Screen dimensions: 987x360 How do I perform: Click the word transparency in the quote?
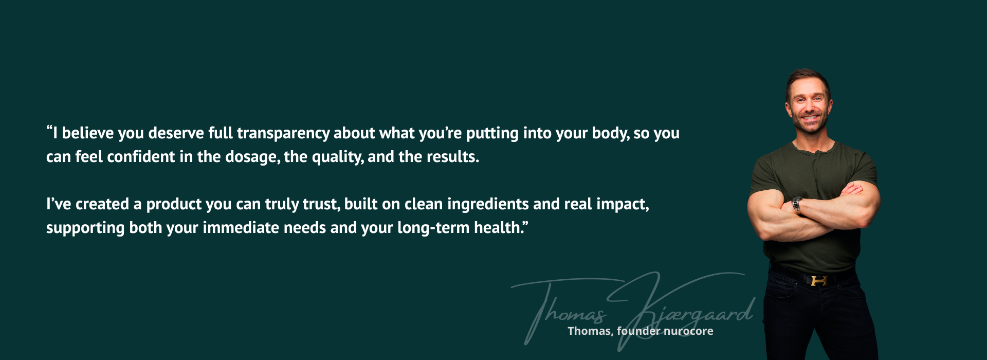click(x=283, y=134)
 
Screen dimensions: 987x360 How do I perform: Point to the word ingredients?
click(x=488, y=205)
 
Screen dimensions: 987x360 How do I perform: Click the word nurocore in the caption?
click(x=688, y=331)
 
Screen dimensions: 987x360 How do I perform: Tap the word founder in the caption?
click(x=638, y=331)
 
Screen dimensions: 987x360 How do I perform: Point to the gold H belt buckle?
click(x=819, y=281)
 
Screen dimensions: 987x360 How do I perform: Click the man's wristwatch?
click(x=797, y=205)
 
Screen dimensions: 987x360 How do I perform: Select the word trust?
click(x=321, y=205)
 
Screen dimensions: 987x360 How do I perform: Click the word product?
click(x=174, y=205)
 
